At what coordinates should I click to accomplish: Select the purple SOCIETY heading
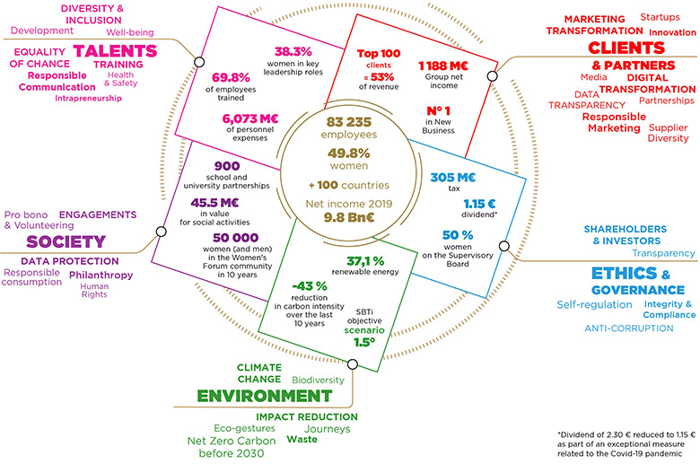[x=60, y=242]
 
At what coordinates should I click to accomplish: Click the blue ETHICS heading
[x=621, y=274]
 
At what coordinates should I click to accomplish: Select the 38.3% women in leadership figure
[x=292, y=52]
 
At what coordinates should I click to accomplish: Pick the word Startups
[x=660, y=17]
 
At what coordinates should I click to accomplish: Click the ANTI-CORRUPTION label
[x=628, y=328]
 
